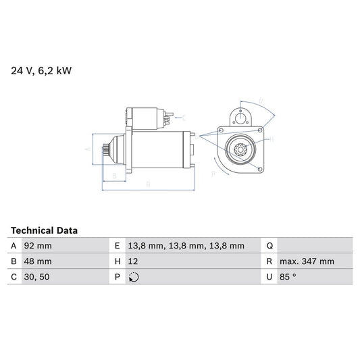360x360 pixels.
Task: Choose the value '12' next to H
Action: click(132, 261)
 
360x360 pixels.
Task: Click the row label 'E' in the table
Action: click(117, 246)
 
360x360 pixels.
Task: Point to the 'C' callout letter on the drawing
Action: click(183, 117)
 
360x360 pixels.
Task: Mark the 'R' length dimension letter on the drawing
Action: click(147, 184)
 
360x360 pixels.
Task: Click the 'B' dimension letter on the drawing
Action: click(115, 176)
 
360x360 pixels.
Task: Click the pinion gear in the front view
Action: click(239, 149)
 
